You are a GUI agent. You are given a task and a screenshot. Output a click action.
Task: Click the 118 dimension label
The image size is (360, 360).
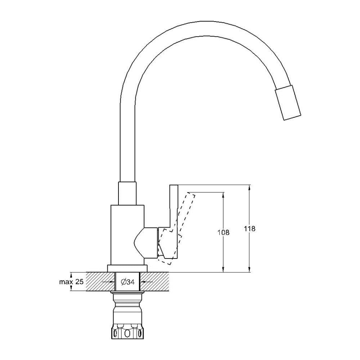pyautogui.click(x=250, y=229)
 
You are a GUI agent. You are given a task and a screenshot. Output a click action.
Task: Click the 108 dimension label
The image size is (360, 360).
pyautogui.click(x=224, y=232)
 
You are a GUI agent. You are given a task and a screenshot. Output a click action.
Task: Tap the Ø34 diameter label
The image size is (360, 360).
pyautogui.click(x=127, y=282)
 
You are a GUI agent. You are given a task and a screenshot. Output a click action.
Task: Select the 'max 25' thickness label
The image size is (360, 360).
pyautogui.click(x=71, y=282)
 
